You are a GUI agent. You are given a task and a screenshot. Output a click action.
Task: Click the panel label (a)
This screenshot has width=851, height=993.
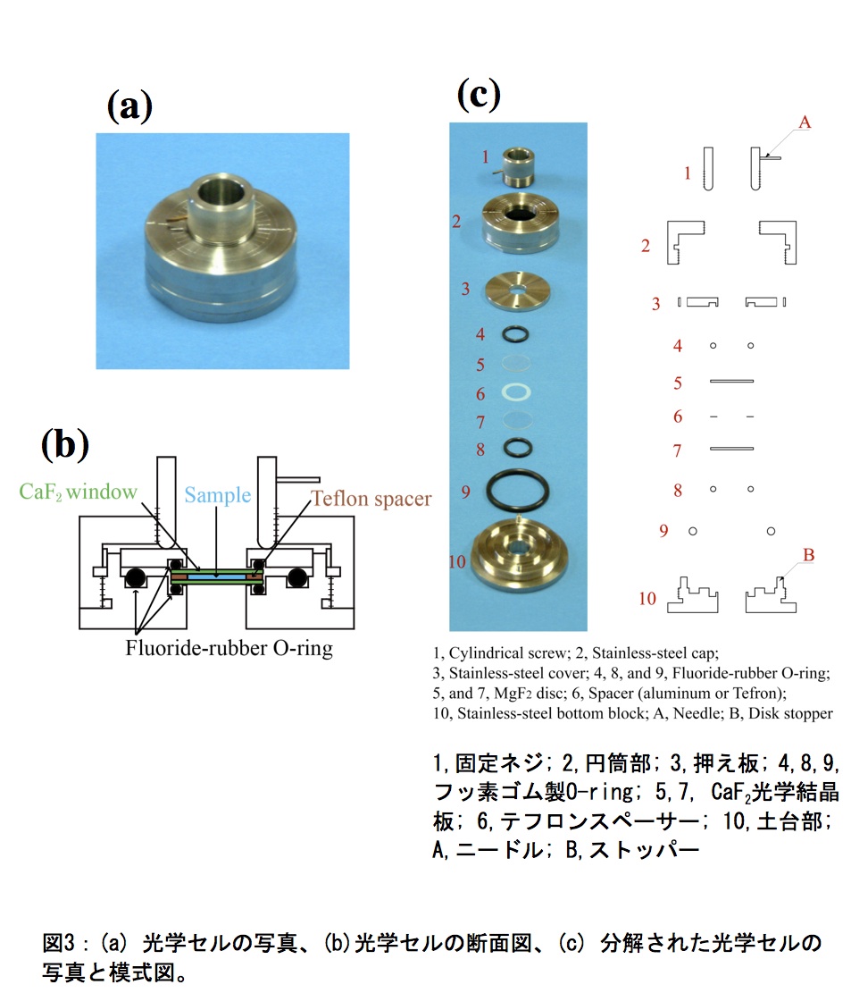point(129,105)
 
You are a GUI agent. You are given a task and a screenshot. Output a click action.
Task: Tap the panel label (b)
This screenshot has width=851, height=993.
point(65,444)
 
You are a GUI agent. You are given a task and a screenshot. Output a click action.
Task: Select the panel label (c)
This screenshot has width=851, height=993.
point(479,95)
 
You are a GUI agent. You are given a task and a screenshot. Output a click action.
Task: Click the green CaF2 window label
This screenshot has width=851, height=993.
point(78,492)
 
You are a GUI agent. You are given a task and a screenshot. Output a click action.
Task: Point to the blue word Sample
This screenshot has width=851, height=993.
point(218,494)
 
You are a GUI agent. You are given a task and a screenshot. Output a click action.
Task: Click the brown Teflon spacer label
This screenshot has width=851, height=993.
point(371,499)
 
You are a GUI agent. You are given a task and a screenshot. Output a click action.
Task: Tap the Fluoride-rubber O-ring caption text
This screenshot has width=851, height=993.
point(229,649)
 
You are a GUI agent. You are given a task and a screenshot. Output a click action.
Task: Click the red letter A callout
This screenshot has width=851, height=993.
point(805,122)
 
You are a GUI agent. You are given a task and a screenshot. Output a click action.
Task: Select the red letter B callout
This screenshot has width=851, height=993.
point(809,555)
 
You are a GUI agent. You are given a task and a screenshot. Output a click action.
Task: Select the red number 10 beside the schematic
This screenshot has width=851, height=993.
point(647,599)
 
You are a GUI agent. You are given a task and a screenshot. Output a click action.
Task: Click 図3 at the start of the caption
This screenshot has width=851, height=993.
point(59,943)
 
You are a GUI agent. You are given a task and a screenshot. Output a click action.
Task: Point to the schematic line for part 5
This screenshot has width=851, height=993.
point(731,381)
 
